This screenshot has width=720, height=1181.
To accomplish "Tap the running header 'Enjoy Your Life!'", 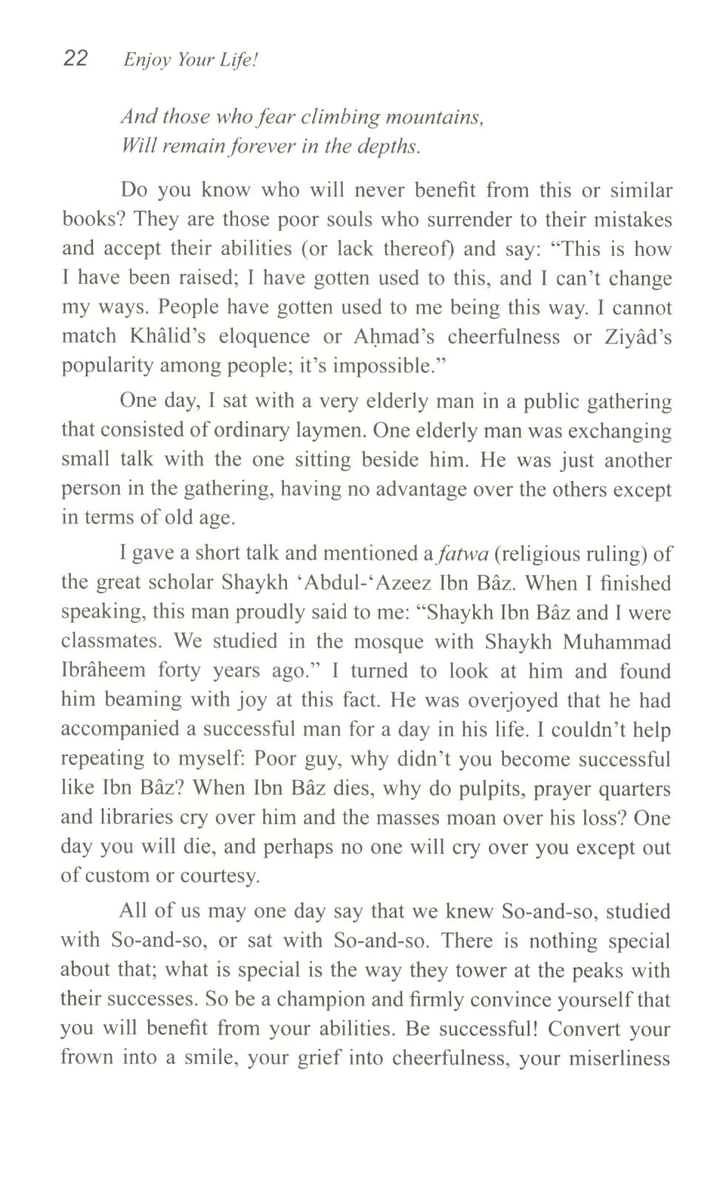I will tap(190, 60).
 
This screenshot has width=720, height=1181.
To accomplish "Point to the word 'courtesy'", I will tap(222, 876).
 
